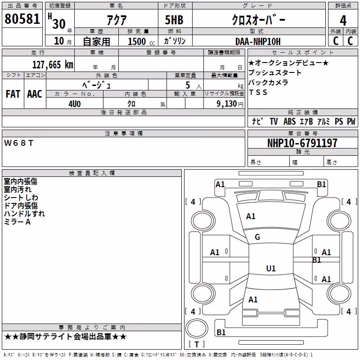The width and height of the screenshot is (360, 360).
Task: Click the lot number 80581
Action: (x=22, y=18)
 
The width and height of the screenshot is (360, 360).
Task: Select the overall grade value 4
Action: (x=343, y=20)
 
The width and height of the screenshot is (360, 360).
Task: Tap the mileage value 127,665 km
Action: (x=53, y=64)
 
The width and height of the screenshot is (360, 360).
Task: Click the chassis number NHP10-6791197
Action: (x=302, y=143)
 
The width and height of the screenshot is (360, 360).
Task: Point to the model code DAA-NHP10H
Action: (x=258, y=41)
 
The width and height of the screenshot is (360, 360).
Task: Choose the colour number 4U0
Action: (x=75, y=104)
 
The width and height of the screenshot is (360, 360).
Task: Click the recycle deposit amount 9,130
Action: (x=226, y=104)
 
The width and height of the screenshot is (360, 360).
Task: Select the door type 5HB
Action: (x=174, y=20)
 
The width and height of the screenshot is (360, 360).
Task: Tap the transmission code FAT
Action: (x=13, y=94)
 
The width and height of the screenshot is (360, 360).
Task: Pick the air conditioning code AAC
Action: (x=35, y=94)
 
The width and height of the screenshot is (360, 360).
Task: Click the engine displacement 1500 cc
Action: (x=141, y=41)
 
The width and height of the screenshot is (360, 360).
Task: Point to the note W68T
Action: (x=18, y=143)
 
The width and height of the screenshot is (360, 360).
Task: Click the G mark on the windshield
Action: (x=257, y=237)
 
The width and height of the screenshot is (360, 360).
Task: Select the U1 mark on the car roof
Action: (x=271, y=268)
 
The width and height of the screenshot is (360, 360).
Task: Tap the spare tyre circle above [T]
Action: (x=197, y=328)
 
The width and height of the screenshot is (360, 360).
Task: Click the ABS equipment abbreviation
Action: (x=289, y=121)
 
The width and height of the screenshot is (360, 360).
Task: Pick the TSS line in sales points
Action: (x=258, y=92)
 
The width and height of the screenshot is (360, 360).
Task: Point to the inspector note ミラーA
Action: (x=17, y=222)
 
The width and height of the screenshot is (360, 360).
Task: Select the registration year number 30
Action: (x=59, y=24)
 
